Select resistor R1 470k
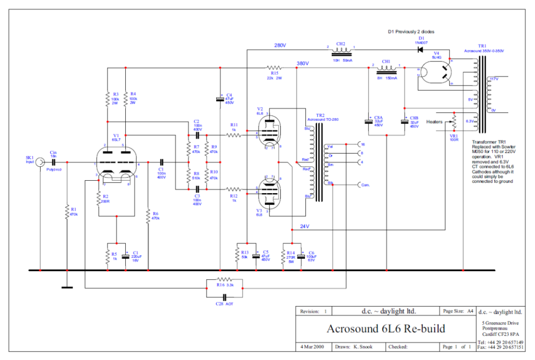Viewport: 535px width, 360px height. [67, 212]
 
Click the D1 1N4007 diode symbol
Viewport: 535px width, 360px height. [421, 50]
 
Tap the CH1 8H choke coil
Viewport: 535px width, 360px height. [386, 68]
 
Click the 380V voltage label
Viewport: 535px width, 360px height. [303, 63]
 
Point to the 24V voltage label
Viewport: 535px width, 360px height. [305, 226]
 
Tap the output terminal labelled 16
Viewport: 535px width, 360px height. [358, 144]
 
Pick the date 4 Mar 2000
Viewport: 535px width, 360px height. [312, 347]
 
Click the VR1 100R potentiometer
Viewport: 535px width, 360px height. [454, 122]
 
